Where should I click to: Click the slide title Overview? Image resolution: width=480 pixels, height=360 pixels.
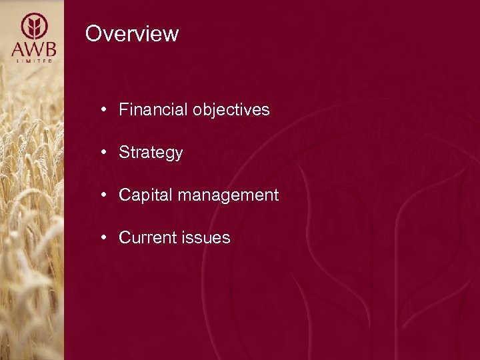click(132, 33)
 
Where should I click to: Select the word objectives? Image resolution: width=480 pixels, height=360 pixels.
click(231, 110)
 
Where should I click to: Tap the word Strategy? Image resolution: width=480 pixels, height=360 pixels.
click(151, 153)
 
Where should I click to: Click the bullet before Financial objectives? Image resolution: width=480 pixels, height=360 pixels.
click(105, 110)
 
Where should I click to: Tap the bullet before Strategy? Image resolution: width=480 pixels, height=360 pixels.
click(105, 153)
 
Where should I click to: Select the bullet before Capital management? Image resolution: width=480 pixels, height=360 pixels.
click(105, 195)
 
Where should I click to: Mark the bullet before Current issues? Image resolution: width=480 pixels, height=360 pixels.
click(105, 238)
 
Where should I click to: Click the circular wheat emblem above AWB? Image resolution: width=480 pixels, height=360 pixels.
click(33, 27)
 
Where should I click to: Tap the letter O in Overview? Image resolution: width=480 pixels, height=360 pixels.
click(93, 33)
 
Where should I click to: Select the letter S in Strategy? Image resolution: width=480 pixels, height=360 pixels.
click(124, 153)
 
